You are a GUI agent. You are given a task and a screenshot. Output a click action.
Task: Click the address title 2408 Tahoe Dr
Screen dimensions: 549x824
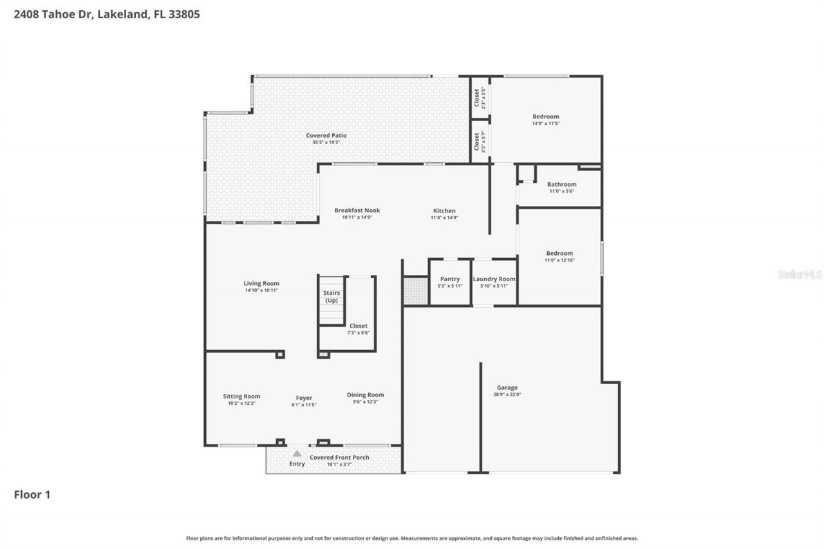point(107,14)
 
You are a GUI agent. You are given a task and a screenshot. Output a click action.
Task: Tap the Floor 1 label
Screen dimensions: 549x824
point(32,494)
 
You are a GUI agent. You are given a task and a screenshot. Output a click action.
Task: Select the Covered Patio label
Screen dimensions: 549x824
point(326,136)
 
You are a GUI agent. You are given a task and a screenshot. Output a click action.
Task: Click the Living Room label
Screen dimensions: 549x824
point(261,283)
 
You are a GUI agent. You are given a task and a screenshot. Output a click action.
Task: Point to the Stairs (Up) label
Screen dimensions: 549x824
point(332,297)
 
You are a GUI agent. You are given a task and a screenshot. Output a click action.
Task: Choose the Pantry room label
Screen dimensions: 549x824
point(450,279)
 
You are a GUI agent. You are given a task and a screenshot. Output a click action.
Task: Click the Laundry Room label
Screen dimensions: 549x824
point(494,279)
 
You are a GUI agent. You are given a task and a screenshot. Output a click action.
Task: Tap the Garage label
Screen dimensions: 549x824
point(507,387)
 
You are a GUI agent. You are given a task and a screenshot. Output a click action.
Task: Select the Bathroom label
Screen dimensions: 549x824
point(561,185)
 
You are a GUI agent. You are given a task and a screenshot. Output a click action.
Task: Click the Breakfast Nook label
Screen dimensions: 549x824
point(357,210)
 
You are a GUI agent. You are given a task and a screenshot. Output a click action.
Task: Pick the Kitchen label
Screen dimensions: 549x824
point(444,211)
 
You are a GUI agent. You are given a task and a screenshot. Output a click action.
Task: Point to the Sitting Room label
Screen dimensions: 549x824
point(242,396)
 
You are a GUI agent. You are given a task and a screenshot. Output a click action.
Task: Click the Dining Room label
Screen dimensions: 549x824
point(365,395)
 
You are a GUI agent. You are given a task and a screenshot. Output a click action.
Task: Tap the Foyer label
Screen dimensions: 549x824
point(304,398)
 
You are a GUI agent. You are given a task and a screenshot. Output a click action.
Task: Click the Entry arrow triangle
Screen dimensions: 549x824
point(297,454)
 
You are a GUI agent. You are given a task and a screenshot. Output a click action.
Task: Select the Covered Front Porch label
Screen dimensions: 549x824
point(339,458)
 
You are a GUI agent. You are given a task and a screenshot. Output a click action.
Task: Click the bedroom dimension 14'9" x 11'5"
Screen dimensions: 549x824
point(545,123)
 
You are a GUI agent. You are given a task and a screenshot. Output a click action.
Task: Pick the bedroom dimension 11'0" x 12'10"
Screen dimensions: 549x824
point(559,260)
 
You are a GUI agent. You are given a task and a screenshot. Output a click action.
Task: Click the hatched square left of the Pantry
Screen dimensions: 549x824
point(416,291)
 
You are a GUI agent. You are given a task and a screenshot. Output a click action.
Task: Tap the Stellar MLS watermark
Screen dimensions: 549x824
point(800,274)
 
